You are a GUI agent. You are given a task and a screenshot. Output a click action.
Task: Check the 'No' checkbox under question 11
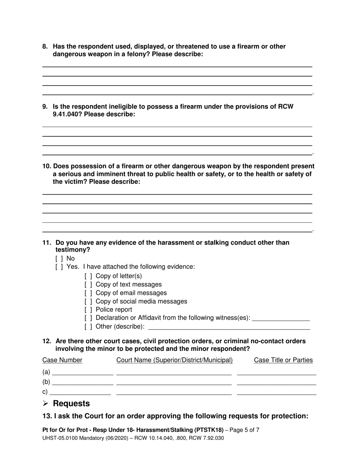59,259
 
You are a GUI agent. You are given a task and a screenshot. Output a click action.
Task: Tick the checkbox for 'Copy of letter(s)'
88,276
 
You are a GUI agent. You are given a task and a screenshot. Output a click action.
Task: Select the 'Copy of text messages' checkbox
88,285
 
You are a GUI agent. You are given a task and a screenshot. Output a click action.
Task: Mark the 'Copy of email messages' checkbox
88,293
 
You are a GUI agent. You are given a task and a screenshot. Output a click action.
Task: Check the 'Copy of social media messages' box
88,302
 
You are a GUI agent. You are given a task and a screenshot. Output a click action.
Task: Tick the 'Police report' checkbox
88,310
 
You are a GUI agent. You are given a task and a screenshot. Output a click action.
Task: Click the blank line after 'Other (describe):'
229,327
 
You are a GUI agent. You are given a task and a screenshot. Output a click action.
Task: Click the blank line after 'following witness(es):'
281,318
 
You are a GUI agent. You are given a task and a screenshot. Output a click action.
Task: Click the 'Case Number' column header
62,360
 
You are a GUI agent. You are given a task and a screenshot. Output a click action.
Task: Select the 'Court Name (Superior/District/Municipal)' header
174,360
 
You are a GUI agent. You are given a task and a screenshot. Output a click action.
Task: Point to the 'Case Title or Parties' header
283,360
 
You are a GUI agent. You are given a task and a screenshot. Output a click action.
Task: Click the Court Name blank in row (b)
174,383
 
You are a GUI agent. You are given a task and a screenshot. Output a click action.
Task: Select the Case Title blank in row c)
276,393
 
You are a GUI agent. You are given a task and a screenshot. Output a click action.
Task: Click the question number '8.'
45,47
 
